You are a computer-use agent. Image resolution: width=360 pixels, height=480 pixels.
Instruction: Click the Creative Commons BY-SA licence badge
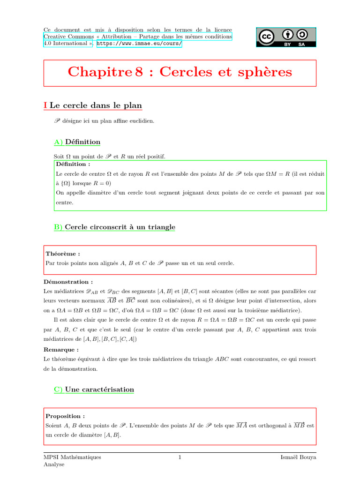(286, 37)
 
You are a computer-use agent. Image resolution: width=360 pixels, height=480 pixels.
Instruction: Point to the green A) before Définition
(59, 142)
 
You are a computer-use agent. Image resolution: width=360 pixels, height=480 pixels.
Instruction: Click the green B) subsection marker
(59, 227)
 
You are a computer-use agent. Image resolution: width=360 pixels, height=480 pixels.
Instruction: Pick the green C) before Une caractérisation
(59, 390)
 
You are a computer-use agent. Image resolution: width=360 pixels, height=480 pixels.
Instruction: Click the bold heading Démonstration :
(68, 282)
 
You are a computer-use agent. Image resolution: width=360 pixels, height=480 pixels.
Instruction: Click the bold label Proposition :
(65, 416)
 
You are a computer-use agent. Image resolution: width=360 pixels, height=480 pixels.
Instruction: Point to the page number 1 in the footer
(180, 457)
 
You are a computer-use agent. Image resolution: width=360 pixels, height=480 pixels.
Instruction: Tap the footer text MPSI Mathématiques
(72, 457)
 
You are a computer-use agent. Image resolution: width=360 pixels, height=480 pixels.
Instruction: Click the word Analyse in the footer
(53, 465)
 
